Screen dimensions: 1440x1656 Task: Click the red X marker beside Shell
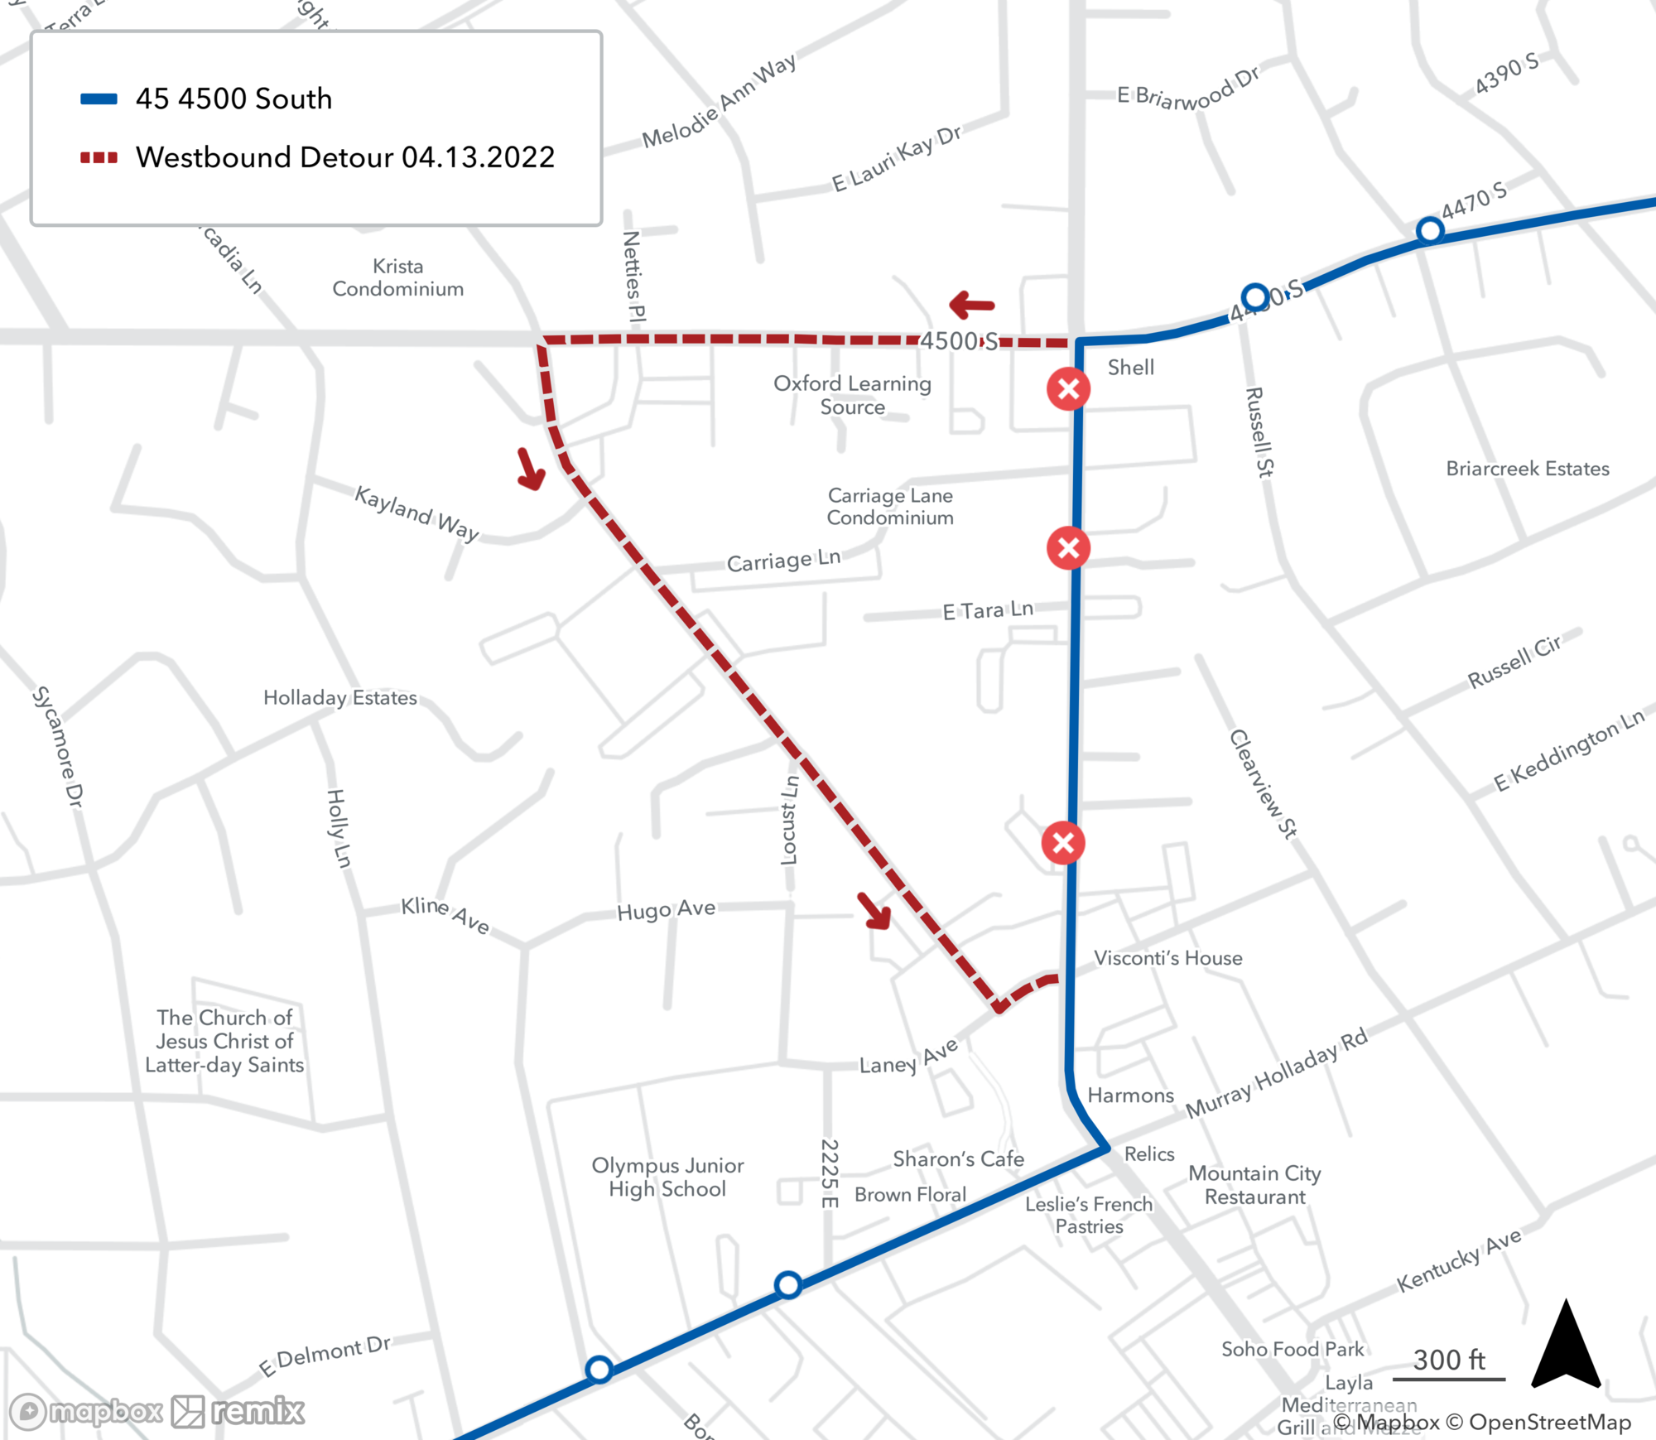1068,389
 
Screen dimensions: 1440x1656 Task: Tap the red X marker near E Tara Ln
1068,547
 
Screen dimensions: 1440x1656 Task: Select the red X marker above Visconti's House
1063,843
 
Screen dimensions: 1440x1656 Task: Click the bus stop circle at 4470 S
1430,230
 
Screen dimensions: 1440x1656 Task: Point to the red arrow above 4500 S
972,305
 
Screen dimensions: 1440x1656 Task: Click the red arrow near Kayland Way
531,469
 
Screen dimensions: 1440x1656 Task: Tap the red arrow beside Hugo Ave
874,911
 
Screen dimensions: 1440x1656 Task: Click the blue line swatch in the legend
99,99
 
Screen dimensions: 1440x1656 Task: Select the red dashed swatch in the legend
99,157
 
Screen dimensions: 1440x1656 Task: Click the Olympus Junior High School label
667,1177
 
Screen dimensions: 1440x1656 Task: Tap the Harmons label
1130,1096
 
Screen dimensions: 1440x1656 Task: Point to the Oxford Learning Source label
852,395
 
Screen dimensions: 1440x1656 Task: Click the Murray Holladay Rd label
1276,1074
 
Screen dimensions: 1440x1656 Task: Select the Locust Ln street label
790,820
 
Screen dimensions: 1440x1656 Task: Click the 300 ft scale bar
1448,1379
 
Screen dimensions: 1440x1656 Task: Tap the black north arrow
1565,1346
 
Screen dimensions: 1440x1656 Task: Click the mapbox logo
87,1411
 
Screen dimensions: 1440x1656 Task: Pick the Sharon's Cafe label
958,1158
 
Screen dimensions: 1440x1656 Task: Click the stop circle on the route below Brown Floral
787,1284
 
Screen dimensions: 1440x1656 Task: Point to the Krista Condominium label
397,277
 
